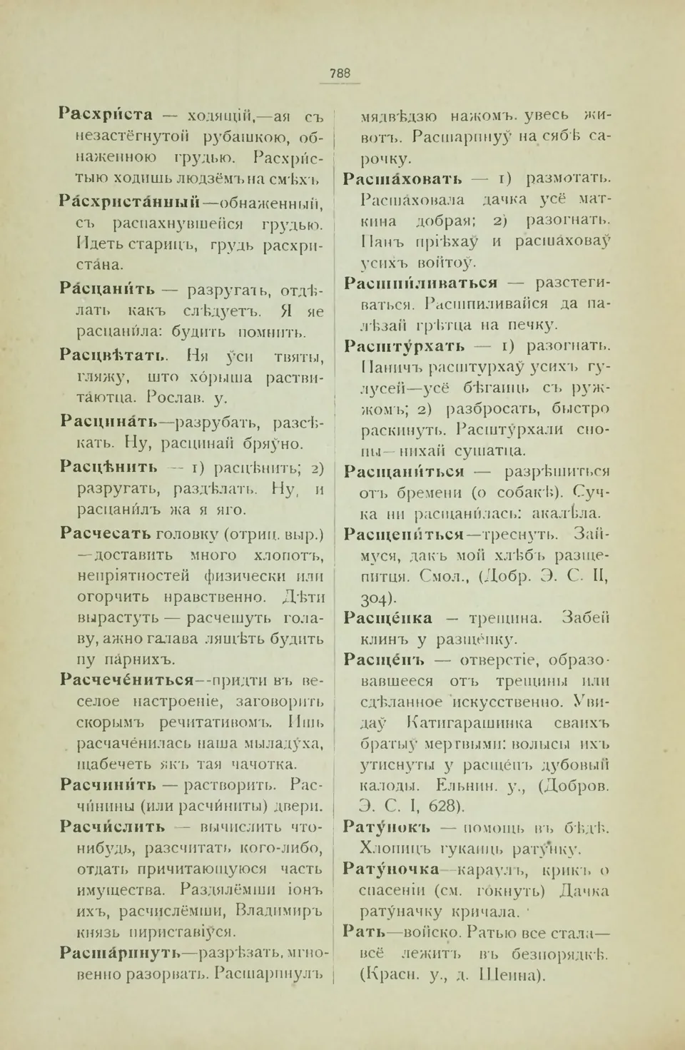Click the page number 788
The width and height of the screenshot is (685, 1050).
[340, 73]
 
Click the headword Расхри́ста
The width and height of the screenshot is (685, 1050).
[106, 114]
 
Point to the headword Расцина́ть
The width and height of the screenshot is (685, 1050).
[108, 421]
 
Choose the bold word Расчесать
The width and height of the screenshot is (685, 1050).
[105, 533]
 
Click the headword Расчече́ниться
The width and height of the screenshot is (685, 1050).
[127, 680]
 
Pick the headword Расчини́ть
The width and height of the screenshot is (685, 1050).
[108, 785]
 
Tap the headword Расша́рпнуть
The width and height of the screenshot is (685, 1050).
[120, 952]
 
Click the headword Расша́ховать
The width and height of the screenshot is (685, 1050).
[402, 178]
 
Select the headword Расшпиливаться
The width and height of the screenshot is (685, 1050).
[420, 283]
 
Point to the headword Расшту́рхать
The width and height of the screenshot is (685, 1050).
[404, 346]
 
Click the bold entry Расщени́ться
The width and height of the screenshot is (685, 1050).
[403, 534]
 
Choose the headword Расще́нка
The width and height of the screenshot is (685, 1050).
[387, 617]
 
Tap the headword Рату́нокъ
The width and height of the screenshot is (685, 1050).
[387, 827]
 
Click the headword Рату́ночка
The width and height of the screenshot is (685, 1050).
[391, 869]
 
